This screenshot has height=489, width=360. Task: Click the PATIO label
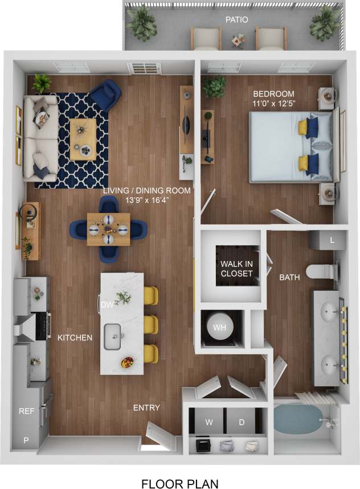[237, 19]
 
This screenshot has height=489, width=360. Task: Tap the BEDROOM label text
[273, 94]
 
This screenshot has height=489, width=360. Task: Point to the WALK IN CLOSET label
[236, 268]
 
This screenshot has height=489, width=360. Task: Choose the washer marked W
[209, 422]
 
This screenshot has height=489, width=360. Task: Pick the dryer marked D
[241, 422]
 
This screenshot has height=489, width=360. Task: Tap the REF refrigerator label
[26, 411]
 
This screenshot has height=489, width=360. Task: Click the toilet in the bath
[319, 271]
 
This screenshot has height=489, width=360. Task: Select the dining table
[108, 229]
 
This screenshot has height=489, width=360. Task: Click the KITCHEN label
[75, 338]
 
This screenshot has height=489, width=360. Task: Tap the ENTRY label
[146, 407]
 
